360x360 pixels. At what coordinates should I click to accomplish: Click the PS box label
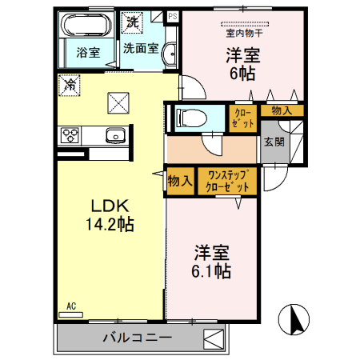172,15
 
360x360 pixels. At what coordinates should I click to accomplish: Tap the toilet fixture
192,118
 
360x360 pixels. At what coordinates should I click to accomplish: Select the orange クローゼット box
242,119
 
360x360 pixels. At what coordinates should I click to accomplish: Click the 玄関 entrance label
274,142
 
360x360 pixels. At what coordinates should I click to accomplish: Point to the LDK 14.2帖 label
110,215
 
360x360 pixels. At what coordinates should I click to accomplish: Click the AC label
71,306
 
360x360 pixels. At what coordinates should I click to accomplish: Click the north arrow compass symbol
293,320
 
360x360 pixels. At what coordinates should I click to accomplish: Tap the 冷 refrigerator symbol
70,82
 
